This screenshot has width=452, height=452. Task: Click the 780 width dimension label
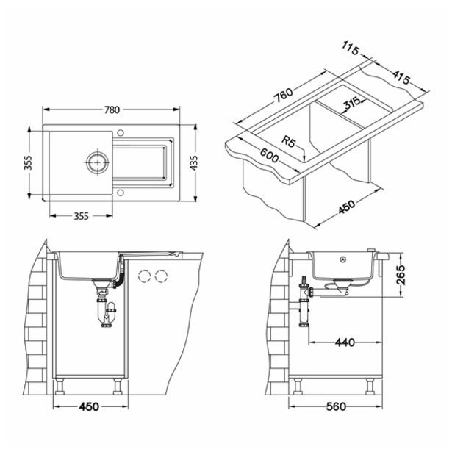[x=111, y=110]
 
